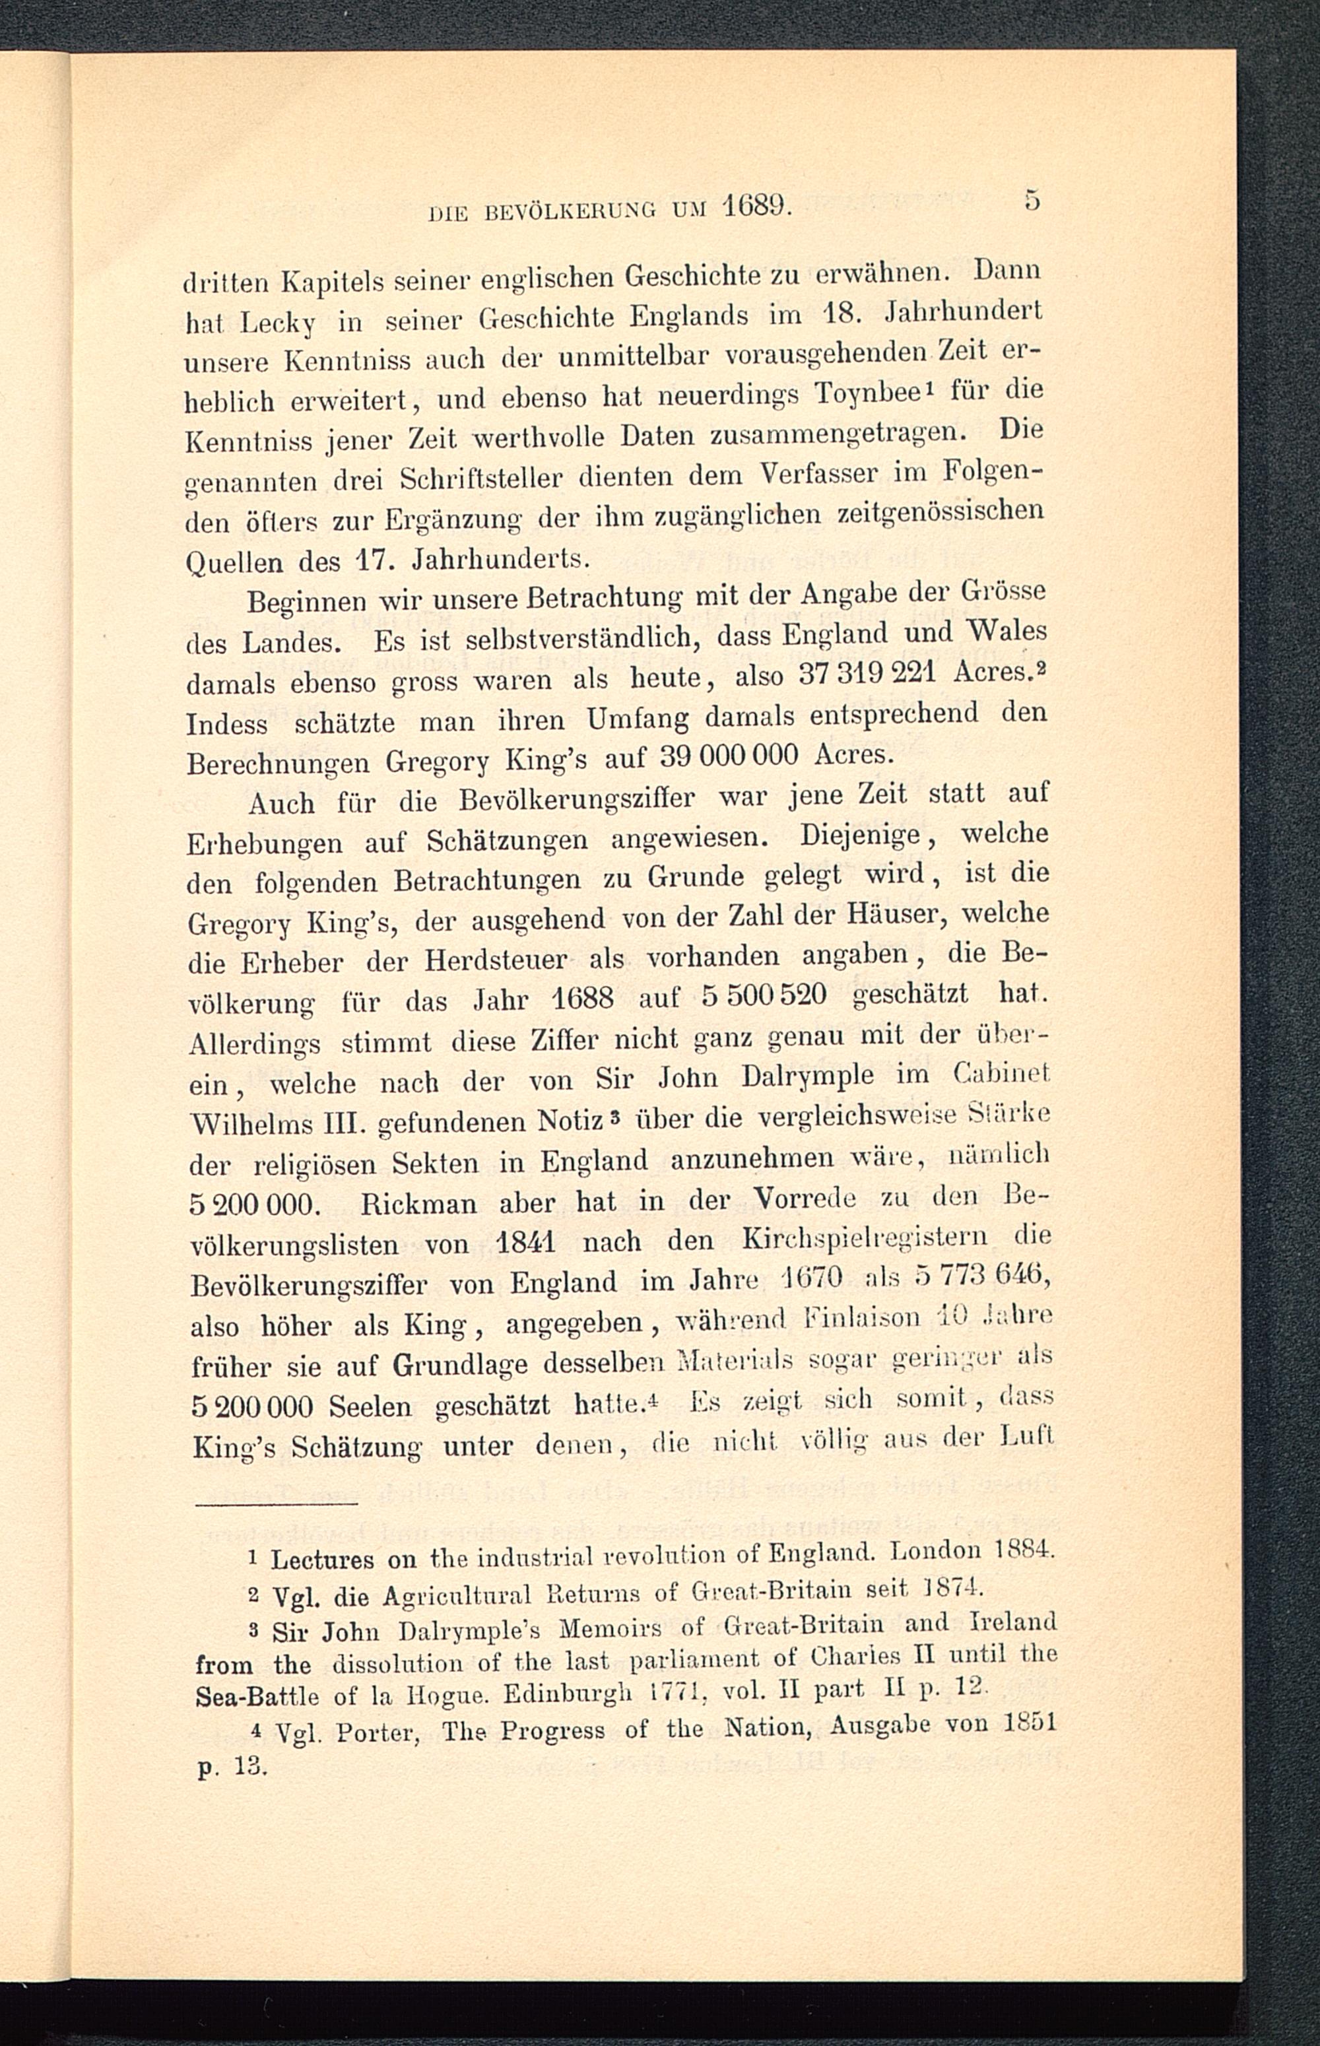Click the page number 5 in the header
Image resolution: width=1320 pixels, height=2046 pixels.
(x=1032, y=201)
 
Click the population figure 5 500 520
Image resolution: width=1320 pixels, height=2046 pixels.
(x=764, y=997)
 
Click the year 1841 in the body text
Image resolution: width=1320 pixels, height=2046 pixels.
(x=526, y=1243)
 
